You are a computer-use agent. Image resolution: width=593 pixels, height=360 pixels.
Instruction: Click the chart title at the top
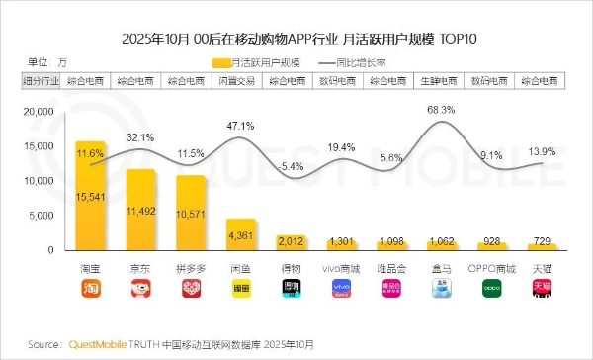(x=296, y=40)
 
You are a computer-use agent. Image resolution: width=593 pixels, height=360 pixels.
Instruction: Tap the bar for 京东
(x=140, y=209)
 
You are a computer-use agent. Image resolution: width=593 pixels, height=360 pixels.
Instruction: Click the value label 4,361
(x=241, y=235)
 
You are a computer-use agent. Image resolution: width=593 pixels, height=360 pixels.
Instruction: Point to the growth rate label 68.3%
(x=441, y=110)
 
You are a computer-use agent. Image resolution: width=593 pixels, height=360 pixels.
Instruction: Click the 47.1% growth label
(x=241, y=127)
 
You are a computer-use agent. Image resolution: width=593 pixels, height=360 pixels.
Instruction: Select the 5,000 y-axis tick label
(x=47, y=215)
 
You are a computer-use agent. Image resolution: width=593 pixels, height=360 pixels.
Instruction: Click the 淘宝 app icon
(x=90, y=288)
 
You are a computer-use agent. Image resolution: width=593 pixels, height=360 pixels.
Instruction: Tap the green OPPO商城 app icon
(x=491, y=288)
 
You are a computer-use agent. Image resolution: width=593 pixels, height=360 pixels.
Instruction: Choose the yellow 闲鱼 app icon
(x=241, y=288)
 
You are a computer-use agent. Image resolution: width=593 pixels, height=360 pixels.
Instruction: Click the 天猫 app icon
(x=542, y=288)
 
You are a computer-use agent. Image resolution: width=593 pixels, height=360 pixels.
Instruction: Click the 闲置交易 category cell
(x=241, y=79)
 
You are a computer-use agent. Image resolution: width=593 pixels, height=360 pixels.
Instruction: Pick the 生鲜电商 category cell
(x=441, y=79)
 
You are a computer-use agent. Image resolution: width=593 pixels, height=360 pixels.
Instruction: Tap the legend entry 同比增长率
(x=371, y=62)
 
